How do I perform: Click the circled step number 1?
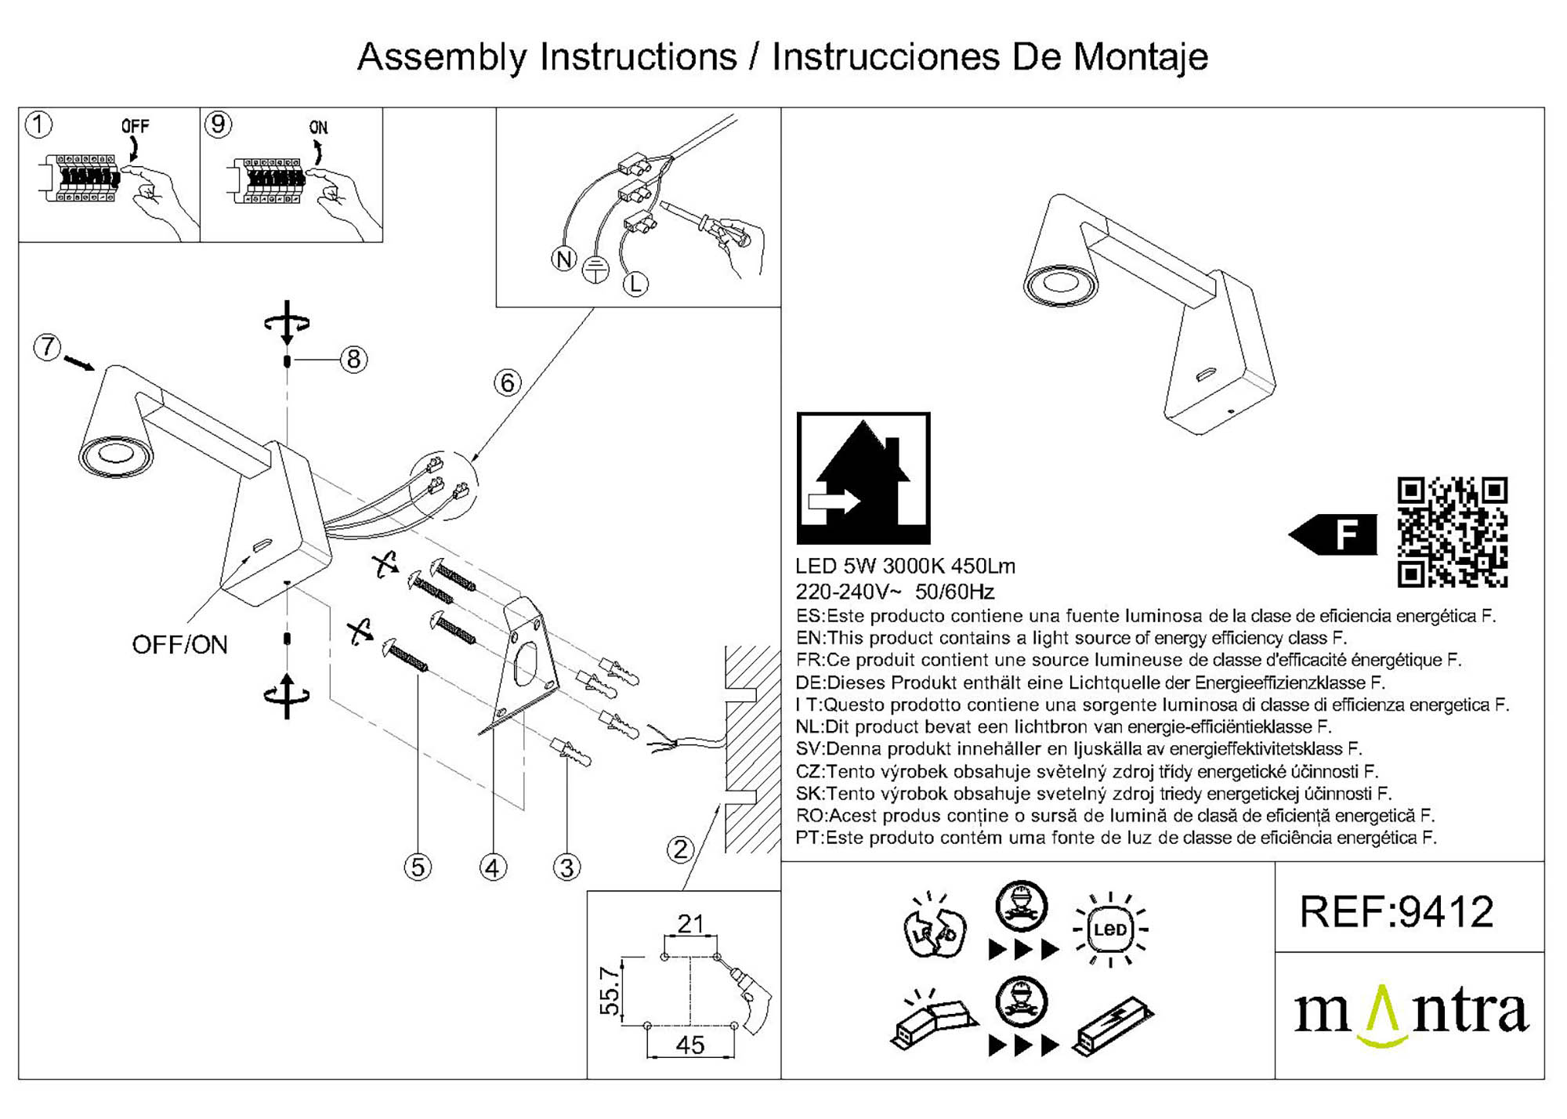point(39,125)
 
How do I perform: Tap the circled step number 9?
point(218,125)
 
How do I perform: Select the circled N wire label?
point(563,259)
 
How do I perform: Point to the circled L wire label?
point(635,284)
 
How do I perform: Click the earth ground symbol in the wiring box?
point(596,270)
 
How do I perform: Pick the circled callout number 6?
point(508,382)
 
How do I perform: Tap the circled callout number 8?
point(353,359)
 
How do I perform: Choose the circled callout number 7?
point(48,346)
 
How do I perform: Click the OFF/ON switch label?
point(179,645)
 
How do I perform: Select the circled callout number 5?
point(418,867)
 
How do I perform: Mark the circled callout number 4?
point(493,867)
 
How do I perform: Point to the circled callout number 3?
point(566,867)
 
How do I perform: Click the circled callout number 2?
point(680,849)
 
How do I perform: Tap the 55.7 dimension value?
point(610,990)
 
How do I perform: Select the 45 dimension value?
point(689,1045)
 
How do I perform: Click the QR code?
point(1452,531)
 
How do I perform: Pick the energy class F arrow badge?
point(1334,534)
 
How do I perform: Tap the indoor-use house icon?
point(863,478)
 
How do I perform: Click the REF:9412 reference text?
point(1397,912)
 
